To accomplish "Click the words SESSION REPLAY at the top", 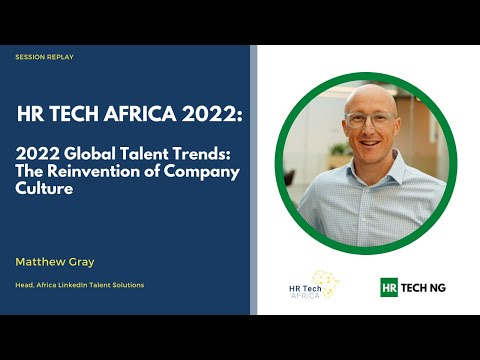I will point(44,57).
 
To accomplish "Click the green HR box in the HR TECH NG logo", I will point(390,287).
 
